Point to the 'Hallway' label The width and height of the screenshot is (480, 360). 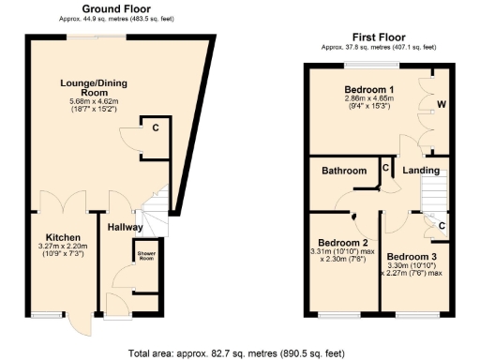(x=125, y=227)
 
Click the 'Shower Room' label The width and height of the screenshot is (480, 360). (x=145, y=255)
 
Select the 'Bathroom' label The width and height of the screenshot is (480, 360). (x=343, y=172)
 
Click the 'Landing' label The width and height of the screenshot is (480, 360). (x=422, y=172)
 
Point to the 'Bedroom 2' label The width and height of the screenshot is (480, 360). (x=341, y=240)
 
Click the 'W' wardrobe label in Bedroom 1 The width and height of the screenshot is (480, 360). (x=441, y=104)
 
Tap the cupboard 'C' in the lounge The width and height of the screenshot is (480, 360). (x=155, y=127)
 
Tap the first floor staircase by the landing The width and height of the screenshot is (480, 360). (x=432, y=195)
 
